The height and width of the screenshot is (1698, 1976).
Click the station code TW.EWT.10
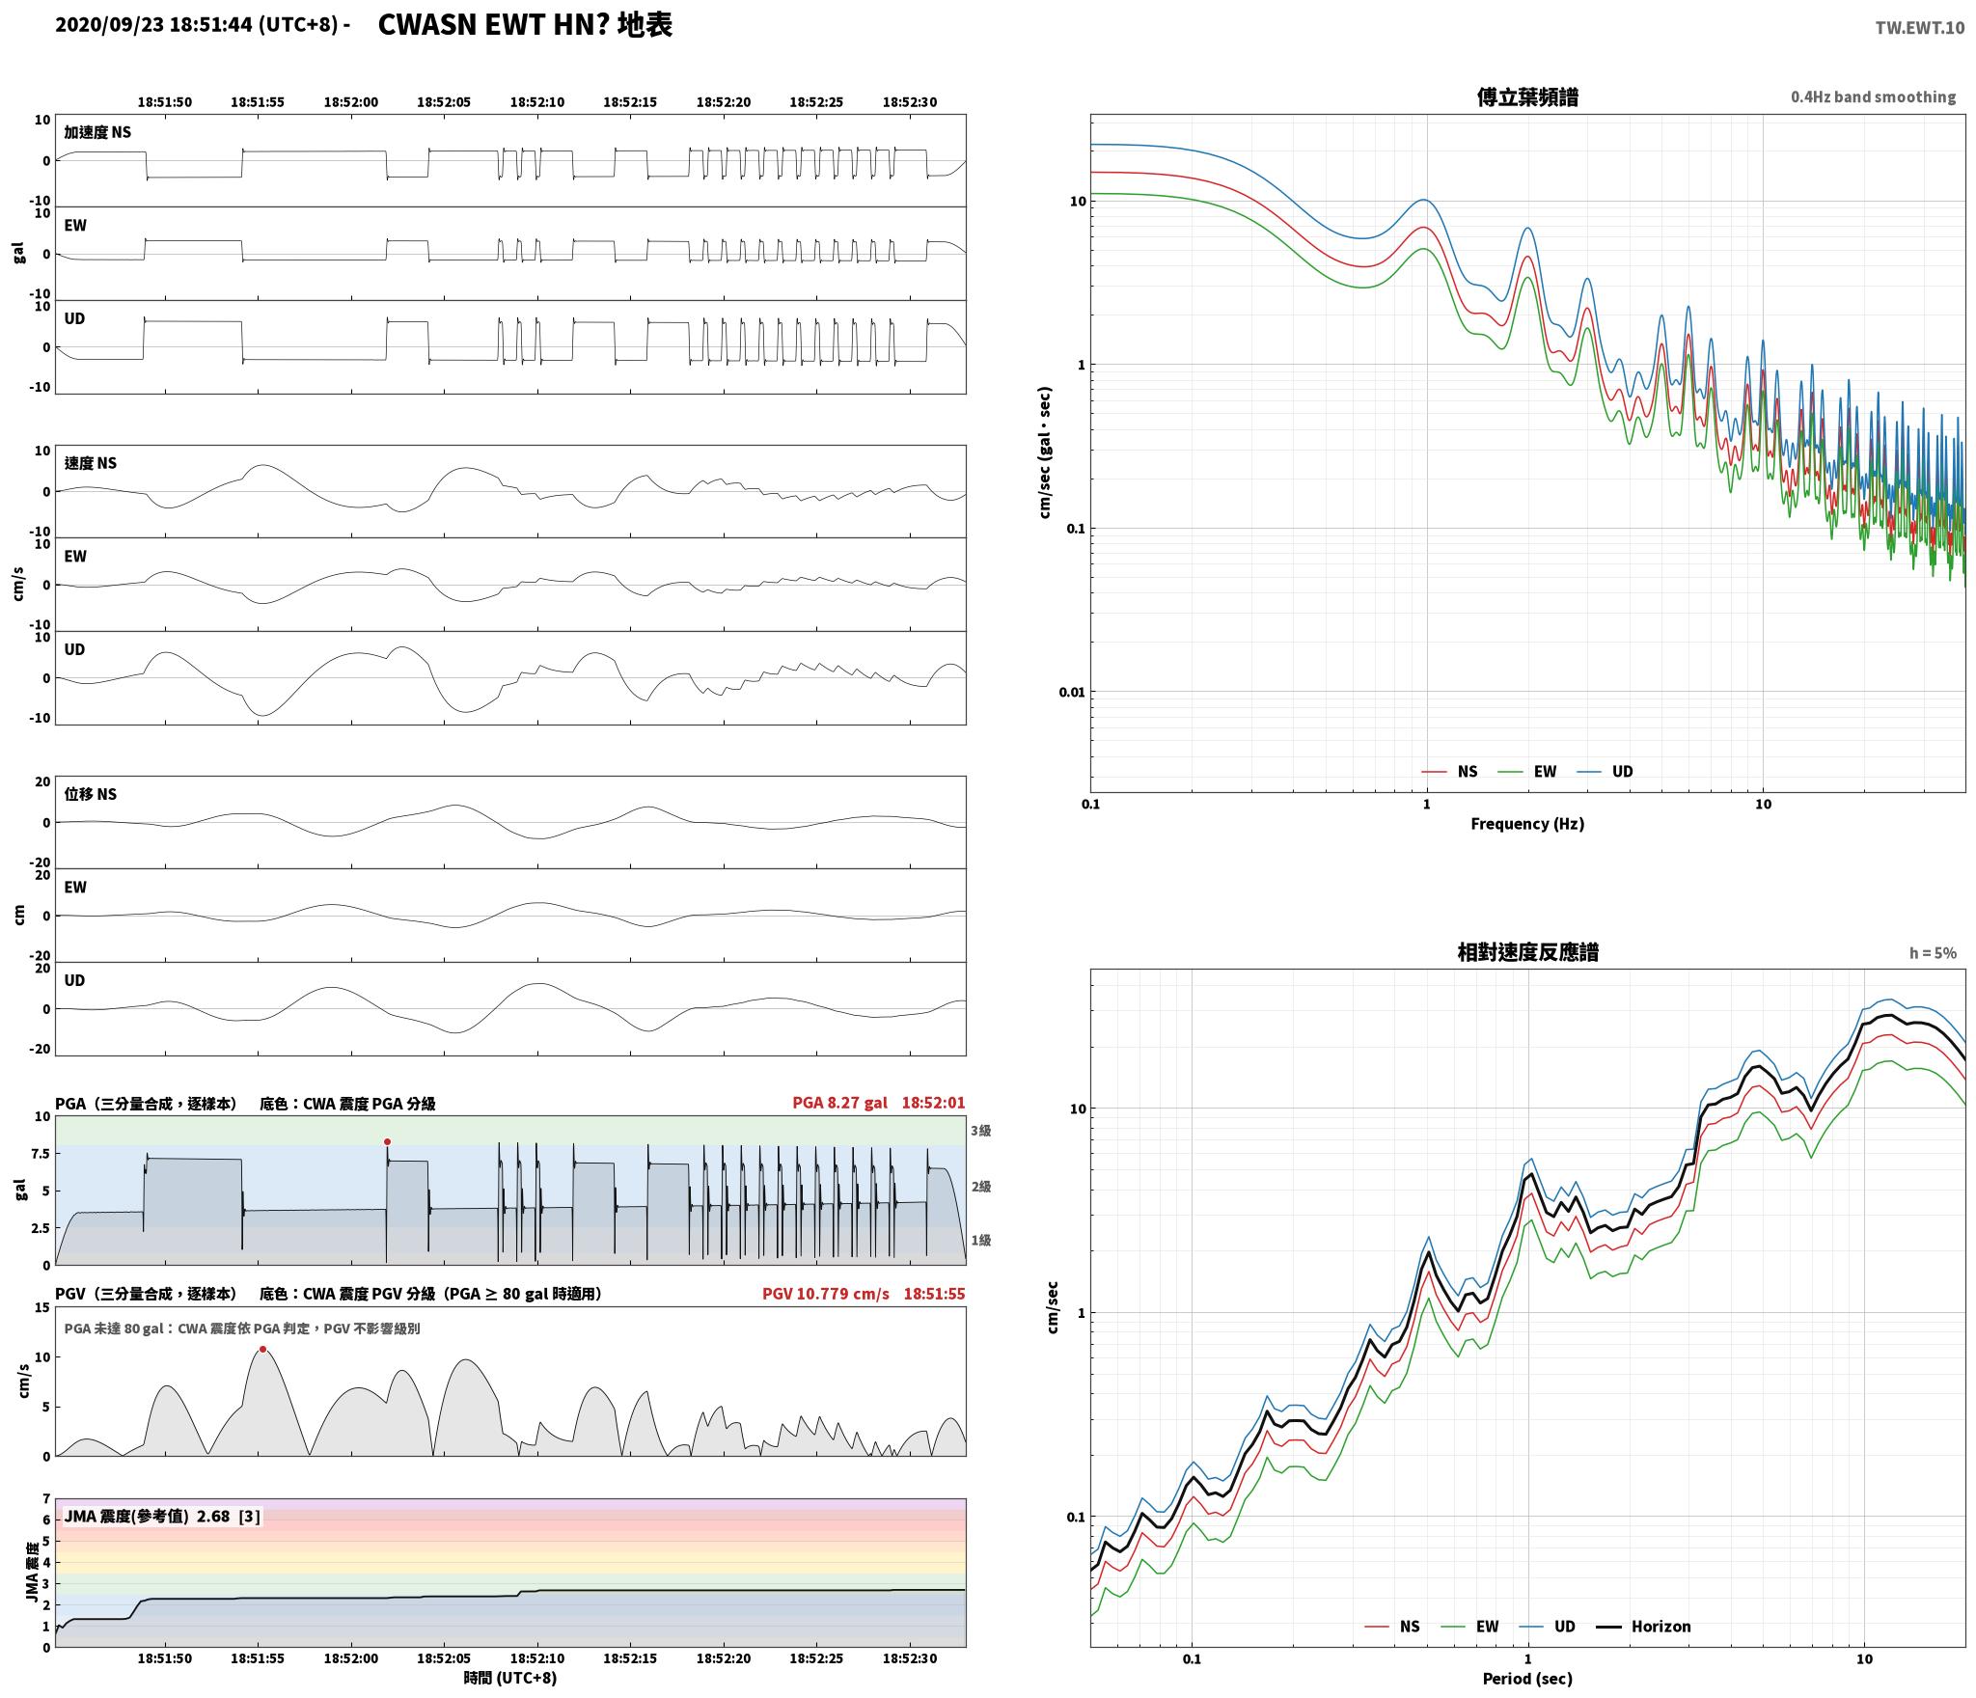(x=1919, y=28)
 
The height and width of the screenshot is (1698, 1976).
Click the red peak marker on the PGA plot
(x=387, y=1141)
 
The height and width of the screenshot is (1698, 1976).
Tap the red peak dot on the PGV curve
(x=262, y=1349)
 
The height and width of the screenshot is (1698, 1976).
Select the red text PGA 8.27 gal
(x=839, y=1103)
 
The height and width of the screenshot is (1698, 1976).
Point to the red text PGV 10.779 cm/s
(x=826, y=1293)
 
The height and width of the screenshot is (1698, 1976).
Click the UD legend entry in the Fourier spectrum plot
(x=1605, y=771)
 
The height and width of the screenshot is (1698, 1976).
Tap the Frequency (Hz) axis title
(x=1527, y=823)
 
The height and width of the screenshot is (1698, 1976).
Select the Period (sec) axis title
(x=1527, y=1679)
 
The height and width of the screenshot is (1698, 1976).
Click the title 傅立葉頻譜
(x=1527, y=96)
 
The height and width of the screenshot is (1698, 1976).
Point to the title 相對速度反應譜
(x=1527, y=952)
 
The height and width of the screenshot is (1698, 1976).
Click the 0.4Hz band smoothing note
(x=1873, y=96)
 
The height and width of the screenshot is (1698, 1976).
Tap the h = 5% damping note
(x=1933, y=953)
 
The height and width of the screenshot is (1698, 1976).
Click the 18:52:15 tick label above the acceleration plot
(x=630, y=101)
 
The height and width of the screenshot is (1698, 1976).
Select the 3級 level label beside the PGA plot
(x=981, y=1130)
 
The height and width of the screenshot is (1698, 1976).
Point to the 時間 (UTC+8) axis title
(x=510, y=1678)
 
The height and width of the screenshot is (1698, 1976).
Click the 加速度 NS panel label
(x=97, y=132)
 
